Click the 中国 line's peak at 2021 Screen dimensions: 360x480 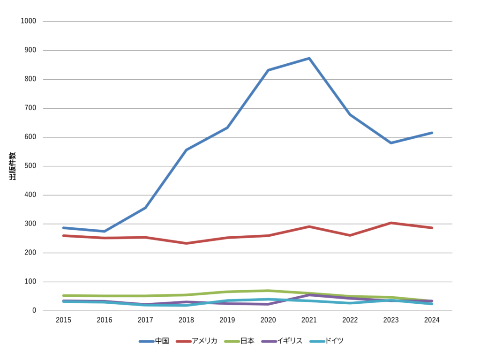(309, 58)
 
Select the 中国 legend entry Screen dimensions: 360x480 (155, 341)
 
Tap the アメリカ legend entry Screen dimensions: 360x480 (197, 341)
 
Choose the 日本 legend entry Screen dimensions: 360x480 (241, 341)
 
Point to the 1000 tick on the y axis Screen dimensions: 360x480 (29, 21)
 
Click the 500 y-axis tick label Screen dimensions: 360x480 (31, 166)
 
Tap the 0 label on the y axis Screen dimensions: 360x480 (35, 311)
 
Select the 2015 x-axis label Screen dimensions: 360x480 (63, 320)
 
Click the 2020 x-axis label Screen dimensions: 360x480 (268, 320)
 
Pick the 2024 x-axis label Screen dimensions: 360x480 (432, 320)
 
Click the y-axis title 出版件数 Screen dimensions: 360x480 (13, 166)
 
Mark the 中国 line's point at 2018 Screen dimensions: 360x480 (186, 150)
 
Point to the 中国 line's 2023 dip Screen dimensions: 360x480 (391, 142)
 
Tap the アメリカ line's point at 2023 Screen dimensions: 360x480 (391, 223)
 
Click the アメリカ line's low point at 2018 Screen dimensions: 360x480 (186, 243)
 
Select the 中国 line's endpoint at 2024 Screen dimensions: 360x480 (432, 133)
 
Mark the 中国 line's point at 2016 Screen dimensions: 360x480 (104, 231)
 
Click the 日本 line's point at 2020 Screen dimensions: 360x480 (268, 291)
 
